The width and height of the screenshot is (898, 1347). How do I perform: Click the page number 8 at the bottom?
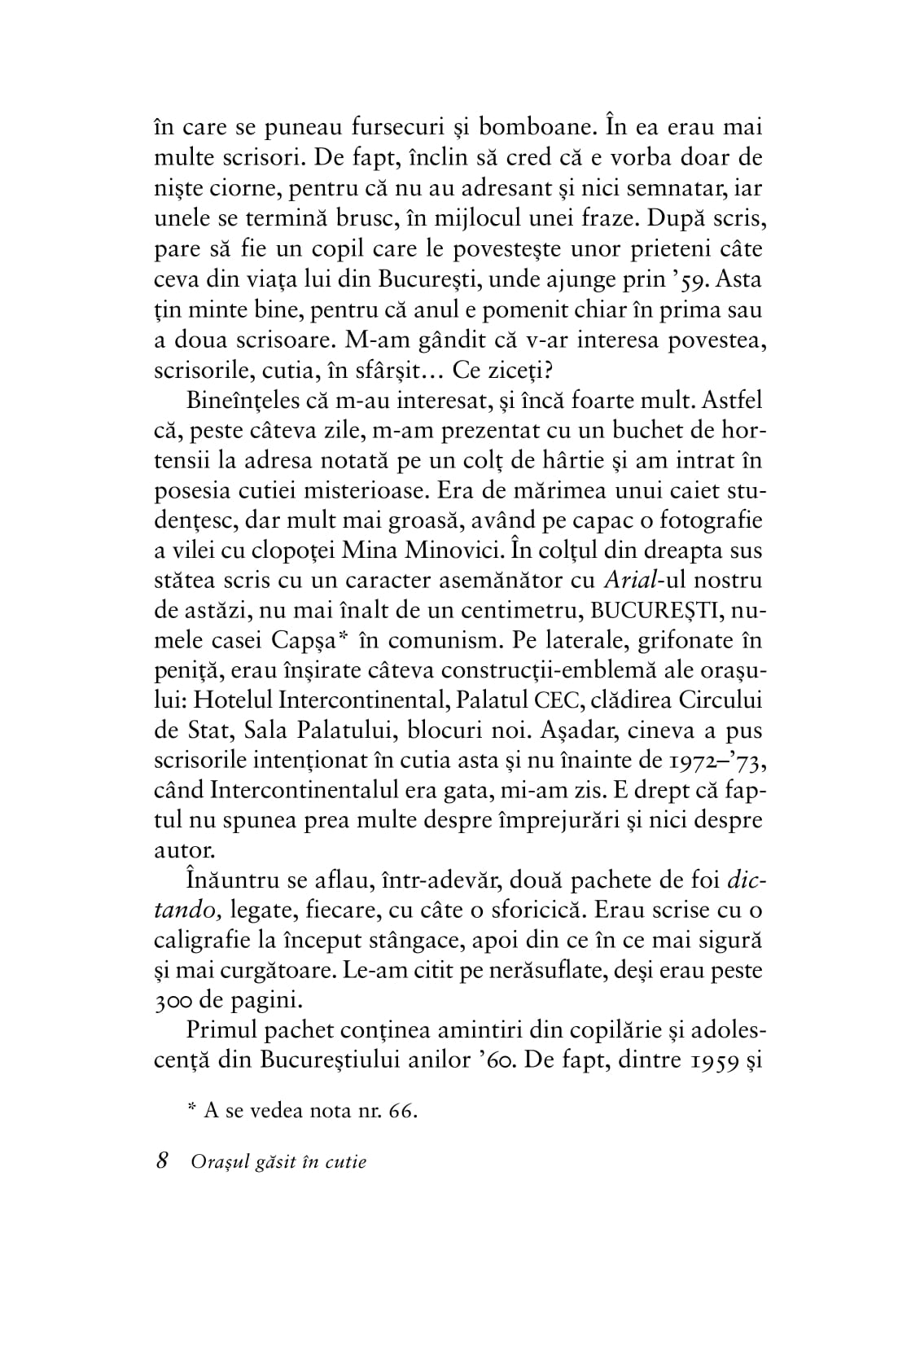point(161,1161)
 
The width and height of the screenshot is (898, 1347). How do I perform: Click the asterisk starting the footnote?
point(192,1108)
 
